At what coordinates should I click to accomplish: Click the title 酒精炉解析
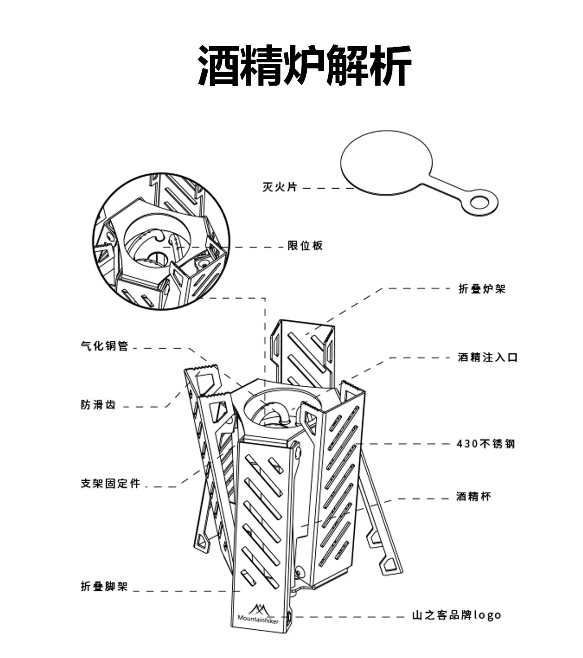(x=305, y=66)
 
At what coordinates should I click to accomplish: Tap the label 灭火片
(x=279, y=187)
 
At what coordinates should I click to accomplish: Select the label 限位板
(x=305, y=246)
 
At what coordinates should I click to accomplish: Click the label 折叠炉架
(x=482, y=289)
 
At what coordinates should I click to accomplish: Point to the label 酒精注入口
(x=487, y=357)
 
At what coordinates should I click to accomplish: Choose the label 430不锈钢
(x=486, y=444)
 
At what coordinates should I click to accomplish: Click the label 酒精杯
(x=474, y=497)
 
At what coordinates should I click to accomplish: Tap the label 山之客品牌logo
(x=457, y=615)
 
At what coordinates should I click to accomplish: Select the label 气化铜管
(x=104, y=346)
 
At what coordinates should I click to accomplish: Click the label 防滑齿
(x=98, y=405)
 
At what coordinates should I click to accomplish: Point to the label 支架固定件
(x=110, y=484)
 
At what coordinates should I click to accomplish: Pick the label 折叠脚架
(x=104, y=586)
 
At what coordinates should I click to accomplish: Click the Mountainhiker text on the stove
(x=258, y=620)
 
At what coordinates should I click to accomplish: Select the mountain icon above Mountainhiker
(x=258, y=609)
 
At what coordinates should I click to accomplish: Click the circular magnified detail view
(x=162, y=241)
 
